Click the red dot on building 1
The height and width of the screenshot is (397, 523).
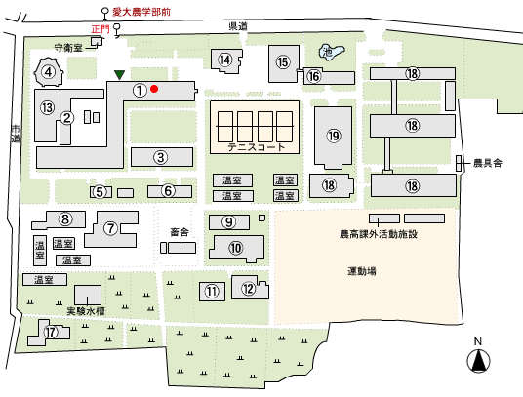[x=154, y=89]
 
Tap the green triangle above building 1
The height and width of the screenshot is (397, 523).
[x=119, y=75]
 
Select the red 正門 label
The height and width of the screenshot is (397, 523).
[x=101, y=29]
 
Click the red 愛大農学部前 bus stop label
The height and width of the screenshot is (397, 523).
[x=141, y=12]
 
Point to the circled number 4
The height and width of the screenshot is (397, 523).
[x=49, y=72]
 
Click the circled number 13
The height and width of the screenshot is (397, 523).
[x=48, y=107]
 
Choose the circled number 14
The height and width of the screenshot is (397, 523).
[x=225, y=60]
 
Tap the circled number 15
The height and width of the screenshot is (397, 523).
[x=283, y=62]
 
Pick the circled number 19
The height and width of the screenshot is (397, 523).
[x=334, y=136]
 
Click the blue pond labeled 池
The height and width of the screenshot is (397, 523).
[x=331, y=52]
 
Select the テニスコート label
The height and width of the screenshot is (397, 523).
[x=257, y=147]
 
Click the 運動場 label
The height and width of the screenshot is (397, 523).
[x=362, y=271]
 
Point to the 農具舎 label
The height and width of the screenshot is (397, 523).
[x=488, y=163]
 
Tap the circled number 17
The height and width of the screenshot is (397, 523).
[x=51, y=332]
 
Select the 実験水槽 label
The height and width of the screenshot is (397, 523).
[x=86, y=311]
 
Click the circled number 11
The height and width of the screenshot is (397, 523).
[x=212, y=292]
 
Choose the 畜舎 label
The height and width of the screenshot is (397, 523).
[x=180, y=232]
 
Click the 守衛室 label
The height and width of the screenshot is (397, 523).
[x=68, y=48]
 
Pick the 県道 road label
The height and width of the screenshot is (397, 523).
[x=238, y=26]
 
